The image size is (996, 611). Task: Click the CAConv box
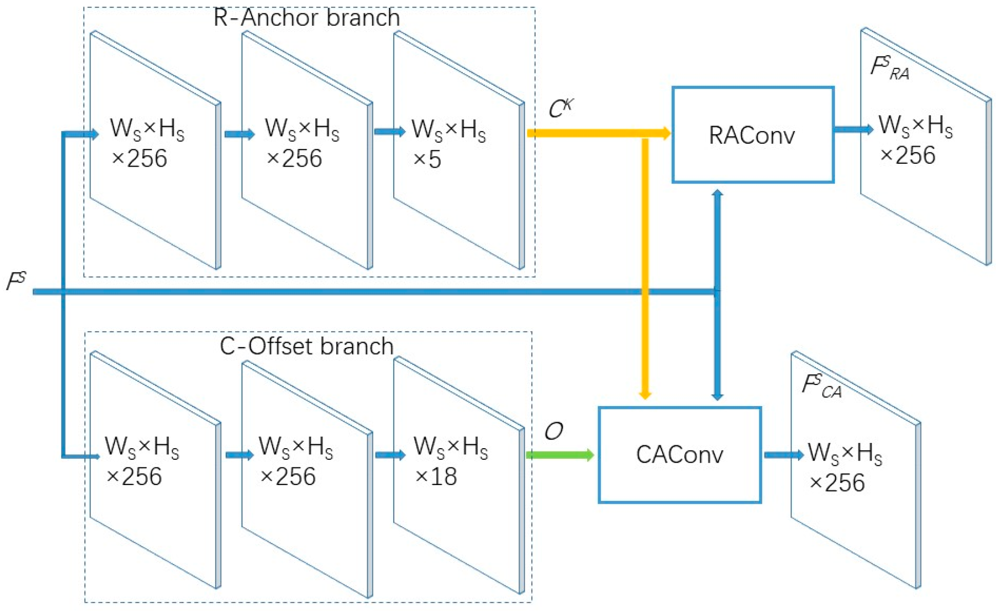[x=679, y=454]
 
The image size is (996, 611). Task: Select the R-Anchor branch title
[x=307, y=18]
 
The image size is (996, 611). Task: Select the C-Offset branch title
[x=307, y=346]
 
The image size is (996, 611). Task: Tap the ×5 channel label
[x=427, y=159]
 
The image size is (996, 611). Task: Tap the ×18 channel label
[x=435, y=477]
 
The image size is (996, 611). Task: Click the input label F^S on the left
[x=16, y=281]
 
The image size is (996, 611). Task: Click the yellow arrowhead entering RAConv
[x=666, y=133]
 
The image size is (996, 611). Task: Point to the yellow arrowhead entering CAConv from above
[x=645, y=395]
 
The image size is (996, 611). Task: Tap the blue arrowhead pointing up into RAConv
[x=717, y=194]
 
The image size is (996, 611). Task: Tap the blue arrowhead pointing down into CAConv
[x=717, y=396]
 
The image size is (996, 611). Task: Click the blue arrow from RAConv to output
[x=853, y=129]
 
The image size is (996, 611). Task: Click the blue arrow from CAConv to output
[x=783, y=454]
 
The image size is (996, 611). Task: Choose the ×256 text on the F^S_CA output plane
[x=837, y=483]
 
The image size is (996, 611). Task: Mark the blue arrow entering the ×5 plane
[x=389, y=132]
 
